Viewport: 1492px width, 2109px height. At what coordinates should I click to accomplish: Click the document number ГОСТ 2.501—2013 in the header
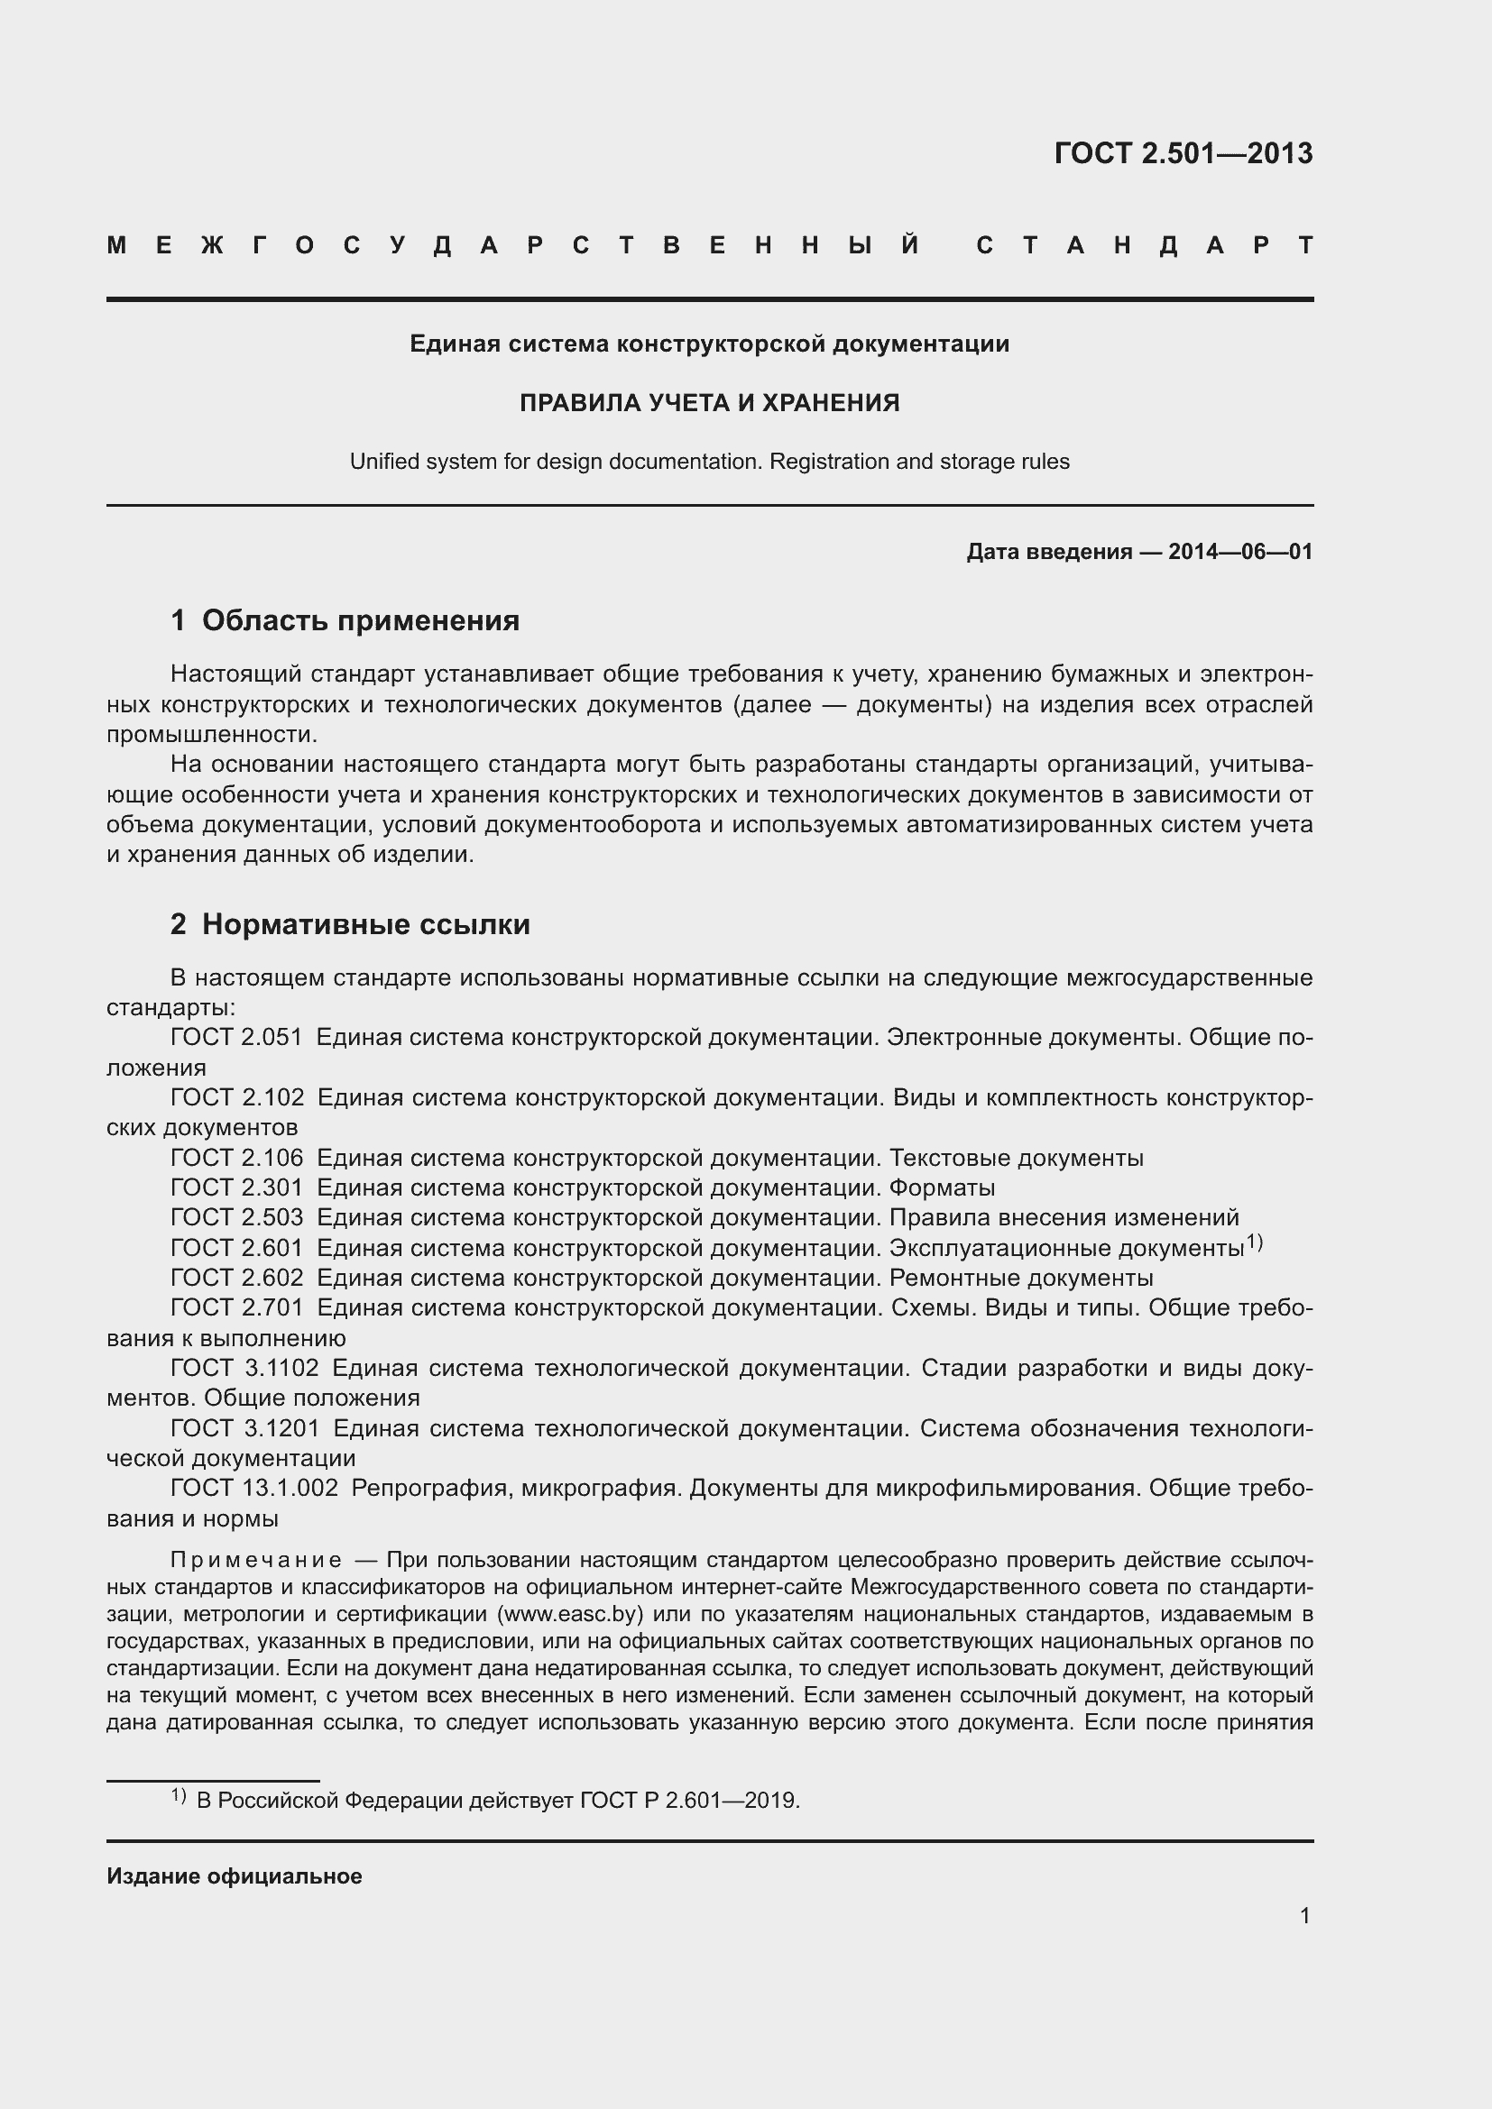tap(1183, 153)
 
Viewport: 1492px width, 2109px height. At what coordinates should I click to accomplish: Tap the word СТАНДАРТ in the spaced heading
tap(1144, 245)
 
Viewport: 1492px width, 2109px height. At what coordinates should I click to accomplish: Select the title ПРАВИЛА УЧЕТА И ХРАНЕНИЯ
tap(709, 403)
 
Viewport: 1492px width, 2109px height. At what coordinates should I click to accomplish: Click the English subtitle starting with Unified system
tap(709, 462)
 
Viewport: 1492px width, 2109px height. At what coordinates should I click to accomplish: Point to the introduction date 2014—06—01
tap(1239, 552)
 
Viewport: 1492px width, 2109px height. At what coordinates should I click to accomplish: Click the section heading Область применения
tap(360, 621)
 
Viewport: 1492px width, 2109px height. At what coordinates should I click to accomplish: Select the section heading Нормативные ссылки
tap(365, 924)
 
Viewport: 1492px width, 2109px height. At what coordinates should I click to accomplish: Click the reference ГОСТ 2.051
tap(236, 1038)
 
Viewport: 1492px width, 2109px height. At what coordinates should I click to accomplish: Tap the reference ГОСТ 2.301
tap(236, 1188)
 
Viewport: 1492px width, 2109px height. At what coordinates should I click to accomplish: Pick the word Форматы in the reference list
tap(942, 1188)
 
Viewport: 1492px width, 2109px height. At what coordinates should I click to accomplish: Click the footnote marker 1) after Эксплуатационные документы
tap(1254, 1242)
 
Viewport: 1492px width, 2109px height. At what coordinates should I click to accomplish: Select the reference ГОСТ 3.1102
tap(244, 1369)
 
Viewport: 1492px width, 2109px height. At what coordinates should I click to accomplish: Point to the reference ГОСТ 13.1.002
tap(254, 1489)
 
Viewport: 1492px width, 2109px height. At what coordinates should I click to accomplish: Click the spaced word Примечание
tap(256, 1561)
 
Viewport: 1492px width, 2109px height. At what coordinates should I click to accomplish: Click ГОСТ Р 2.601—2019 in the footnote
tap(689, 1801)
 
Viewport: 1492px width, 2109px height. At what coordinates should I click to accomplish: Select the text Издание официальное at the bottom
tap(235, 1876)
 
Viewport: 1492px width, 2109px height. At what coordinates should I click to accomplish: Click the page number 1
tap(1304, 1916)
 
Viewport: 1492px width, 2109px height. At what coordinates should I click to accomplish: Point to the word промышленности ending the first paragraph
tap(211, 735)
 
